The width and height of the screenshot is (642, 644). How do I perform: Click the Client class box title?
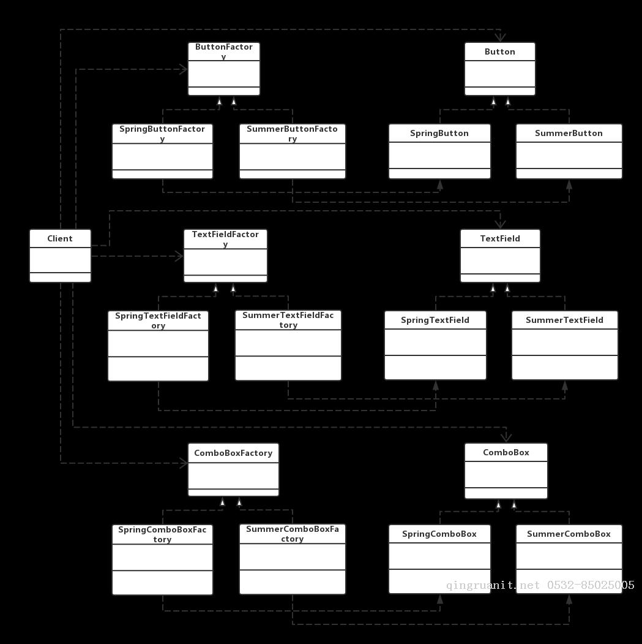click(60, 238)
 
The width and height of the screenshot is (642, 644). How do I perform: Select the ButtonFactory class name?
click(224, 51)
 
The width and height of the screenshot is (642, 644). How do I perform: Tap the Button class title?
click(499, 51)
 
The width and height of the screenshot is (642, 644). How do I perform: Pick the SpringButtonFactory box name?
click(162, 134)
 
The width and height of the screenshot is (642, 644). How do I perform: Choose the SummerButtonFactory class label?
click(292, 134)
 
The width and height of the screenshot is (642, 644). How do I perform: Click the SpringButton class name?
click(439, 134)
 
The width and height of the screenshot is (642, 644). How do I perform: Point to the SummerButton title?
click(569, 134)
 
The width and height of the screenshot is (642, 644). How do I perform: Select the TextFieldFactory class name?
click(225, 239)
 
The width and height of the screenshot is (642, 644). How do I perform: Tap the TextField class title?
click(500, 238)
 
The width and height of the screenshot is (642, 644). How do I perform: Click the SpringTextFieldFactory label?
click(158, 320)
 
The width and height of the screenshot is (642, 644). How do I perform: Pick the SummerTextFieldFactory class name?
click(288, 320)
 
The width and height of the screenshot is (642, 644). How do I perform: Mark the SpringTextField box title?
click(435, 320)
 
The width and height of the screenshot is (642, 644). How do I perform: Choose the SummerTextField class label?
click(564, 320)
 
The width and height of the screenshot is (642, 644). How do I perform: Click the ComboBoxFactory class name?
click(233, 453)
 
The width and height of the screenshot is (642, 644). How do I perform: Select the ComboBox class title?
click(506, 453)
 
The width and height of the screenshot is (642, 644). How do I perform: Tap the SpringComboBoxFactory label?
click(162, 534)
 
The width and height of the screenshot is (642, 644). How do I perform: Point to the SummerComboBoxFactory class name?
click(293, 534)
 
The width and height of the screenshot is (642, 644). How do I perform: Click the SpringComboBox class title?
click(439, 534)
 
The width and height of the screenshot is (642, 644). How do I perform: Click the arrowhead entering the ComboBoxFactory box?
click(184, 463)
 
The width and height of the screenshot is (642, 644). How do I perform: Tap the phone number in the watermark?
click(591, 585)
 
